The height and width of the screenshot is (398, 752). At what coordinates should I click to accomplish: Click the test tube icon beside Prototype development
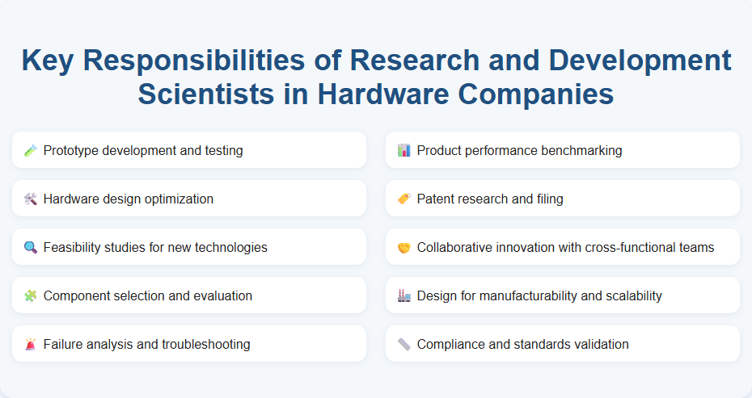click(31, 150)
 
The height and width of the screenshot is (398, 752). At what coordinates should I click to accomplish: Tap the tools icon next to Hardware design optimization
click(31, 199)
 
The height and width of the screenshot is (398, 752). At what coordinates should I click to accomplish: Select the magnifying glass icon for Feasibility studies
click(31, 247)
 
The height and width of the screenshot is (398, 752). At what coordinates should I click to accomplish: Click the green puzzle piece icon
click(31, 295)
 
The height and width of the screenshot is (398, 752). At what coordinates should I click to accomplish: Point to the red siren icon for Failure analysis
click(31, 344)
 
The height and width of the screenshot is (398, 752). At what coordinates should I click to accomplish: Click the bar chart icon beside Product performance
click(404, 150)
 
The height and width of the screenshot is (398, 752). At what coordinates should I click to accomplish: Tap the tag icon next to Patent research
click(404, 199)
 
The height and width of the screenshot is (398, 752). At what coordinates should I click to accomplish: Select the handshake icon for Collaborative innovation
click(404, 247)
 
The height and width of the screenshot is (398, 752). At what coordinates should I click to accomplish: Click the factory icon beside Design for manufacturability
click(404, 295)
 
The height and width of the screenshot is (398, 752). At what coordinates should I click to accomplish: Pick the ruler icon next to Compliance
click(404, 344)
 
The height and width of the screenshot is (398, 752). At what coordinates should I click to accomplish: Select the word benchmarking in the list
click(580, 151)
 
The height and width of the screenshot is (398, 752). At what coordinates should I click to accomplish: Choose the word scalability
click(627, 296)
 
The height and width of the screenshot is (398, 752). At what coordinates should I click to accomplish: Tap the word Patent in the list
click(436, 199)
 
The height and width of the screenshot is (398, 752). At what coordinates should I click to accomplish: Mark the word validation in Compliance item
click(599, 345)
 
